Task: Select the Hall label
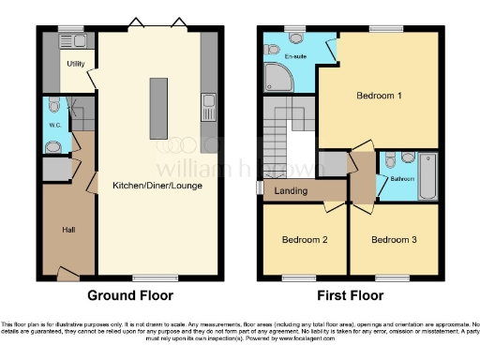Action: [x=68, y=230]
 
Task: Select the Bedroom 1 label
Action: [x=380, y=96]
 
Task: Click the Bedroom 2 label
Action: [x=305, y=240]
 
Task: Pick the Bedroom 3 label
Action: [x=393, y=240]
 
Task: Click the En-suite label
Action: [x=296, y=56]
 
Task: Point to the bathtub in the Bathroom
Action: [x=427, y=175]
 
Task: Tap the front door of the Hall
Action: [x=67, y=274]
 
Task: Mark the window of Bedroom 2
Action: [x=299, y=278]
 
